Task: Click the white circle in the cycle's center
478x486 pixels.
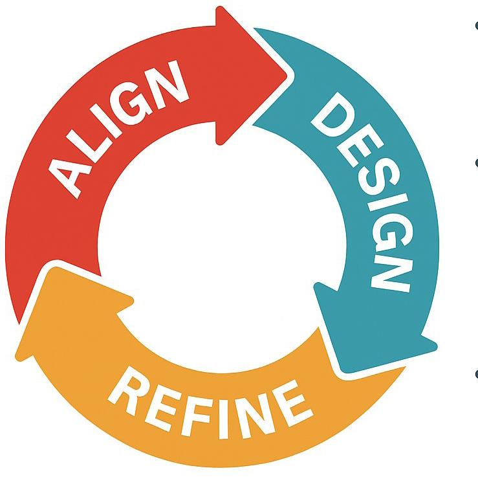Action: (x=220, y=233)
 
